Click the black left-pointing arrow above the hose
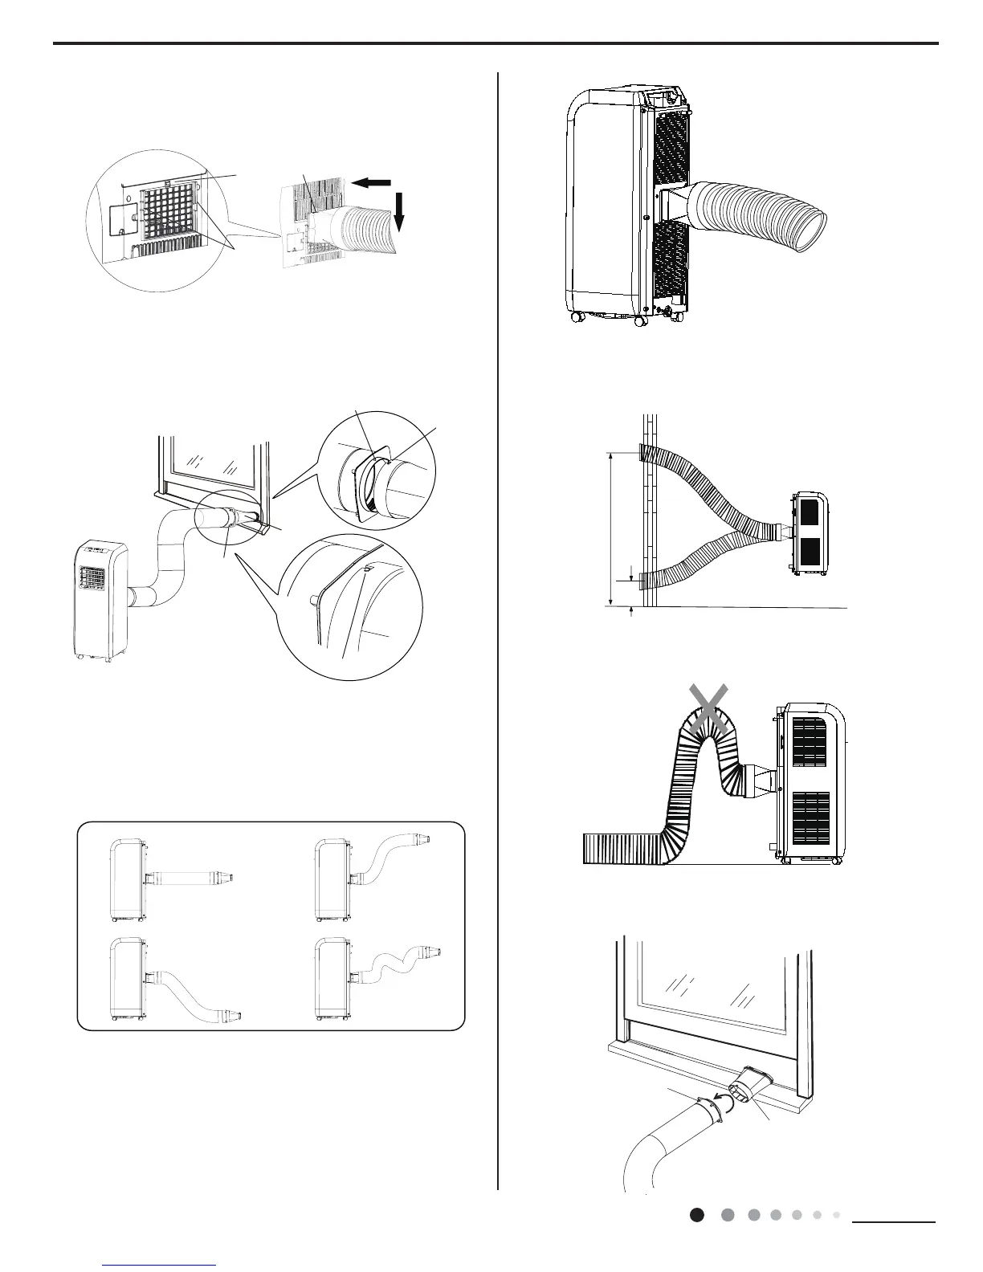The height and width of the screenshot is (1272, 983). [x=371, y=183]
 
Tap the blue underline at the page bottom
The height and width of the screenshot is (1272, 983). [x=160, y=1266]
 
